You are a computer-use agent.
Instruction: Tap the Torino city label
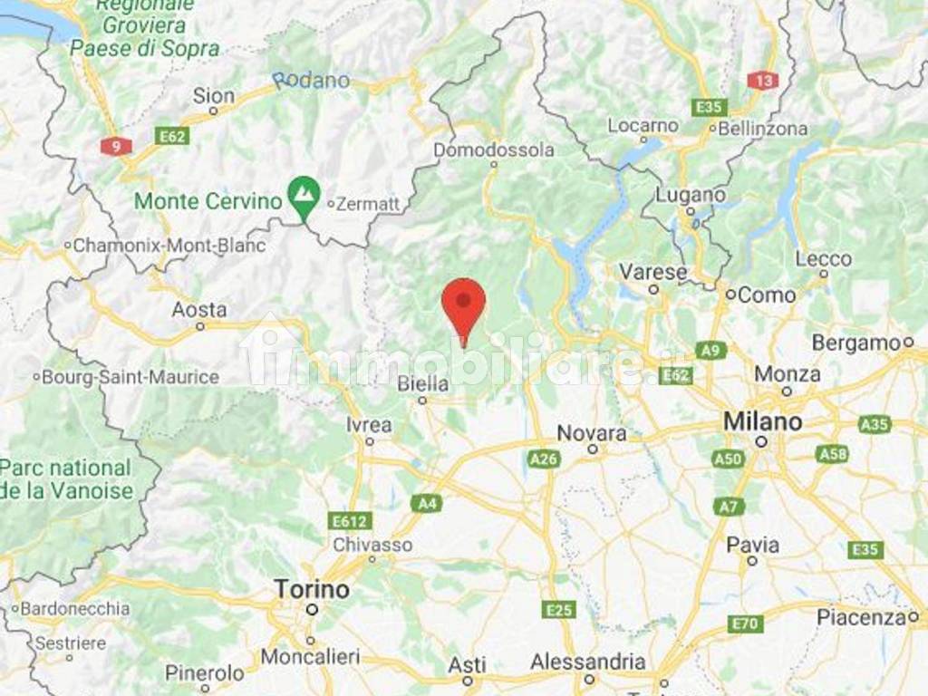click(x=312, y=590)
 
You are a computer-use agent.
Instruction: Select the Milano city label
click(x=762, y=421)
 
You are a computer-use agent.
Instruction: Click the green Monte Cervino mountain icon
click(x=303, y=192)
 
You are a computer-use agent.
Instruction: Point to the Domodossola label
click(x=494, y=149)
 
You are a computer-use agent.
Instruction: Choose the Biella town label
click(x=423, y=384)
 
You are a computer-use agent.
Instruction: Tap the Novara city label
click(x=592, y=433)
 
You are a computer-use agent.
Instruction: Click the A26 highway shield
click(x=544, y=459)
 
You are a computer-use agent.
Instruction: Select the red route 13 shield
click(x=763, y=81)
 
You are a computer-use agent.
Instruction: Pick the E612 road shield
click(x=350, y=521)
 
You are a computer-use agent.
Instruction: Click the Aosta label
click(x=199, y=310)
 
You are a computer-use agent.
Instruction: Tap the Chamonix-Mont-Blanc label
click(x=169, y=246)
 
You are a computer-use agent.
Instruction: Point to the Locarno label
click(x=643, y=126)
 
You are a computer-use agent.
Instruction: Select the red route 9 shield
click(x=116, y=145)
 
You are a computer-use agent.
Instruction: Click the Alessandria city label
click(x=588, y=662)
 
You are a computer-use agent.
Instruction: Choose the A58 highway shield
click(x=832, y=454)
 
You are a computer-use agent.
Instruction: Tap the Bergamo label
click(x=855, y=343)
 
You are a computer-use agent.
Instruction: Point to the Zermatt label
click(x=367, y=205)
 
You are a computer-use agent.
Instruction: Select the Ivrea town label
click(x=369, y=425)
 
